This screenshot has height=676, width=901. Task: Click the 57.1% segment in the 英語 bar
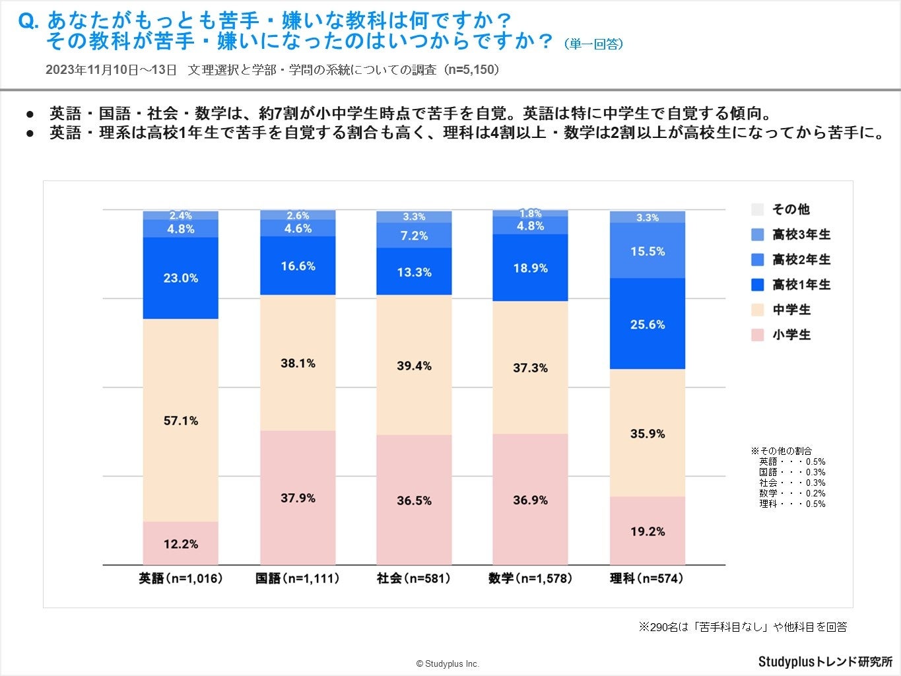coord(180,421)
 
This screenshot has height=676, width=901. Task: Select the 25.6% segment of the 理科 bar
coord(647,324)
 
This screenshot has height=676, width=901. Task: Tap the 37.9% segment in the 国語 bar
coord(298,498)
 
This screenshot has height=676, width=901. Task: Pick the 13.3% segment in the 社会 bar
coord(414,272)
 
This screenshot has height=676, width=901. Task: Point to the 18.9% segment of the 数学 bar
coord(530,268)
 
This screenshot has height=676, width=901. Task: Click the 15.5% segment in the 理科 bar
coord(647,251)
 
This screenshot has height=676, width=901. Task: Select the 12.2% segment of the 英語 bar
coord(180,544)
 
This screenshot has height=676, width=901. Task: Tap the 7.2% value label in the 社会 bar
coord(414,236)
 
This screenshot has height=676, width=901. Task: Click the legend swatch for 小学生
coord(758,335)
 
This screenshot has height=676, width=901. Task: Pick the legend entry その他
coord(790,209)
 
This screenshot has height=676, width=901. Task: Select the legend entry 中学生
coord(791,310)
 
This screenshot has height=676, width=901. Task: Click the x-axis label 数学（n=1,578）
coord(530,578)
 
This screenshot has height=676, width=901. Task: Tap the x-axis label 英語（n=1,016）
coord(180,578)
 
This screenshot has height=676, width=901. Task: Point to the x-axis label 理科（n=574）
coord(647,578)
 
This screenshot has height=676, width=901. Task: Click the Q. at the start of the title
coord(29,21)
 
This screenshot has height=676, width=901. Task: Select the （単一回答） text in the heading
coord(593,44)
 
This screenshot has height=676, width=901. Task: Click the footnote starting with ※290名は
coord(742,626)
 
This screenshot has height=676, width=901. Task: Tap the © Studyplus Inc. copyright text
coord(448,663)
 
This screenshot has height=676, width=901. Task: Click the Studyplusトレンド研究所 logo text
coord(824,661)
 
